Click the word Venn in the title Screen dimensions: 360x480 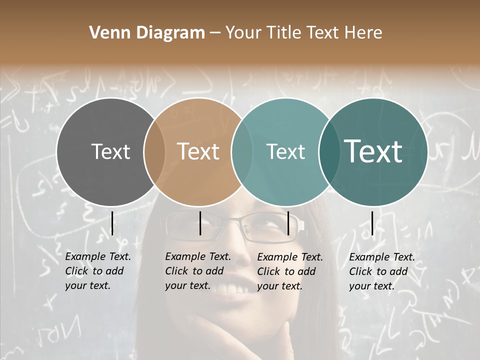[106, 33]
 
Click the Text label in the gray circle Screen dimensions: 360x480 [110, 151]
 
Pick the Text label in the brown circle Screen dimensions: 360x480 [198, 151]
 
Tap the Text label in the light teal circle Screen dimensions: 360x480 [285, 151]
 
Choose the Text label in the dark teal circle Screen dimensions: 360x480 [373, 151]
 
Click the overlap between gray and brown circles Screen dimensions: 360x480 [154, 152]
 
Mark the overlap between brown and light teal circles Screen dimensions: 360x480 [242, 152]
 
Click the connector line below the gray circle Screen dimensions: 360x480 [112, 223]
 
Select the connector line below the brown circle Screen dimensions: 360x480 [200, 223]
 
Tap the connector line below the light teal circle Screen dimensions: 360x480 [288, 223]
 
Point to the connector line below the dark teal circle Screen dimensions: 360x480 [372, 223]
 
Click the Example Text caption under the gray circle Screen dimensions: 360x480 [97, 271]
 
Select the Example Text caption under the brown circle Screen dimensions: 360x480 [197, 271]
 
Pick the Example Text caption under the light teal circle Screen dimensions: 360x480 [289, 271]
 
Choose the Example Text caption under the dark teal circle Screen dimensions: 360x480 [381, 271]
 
